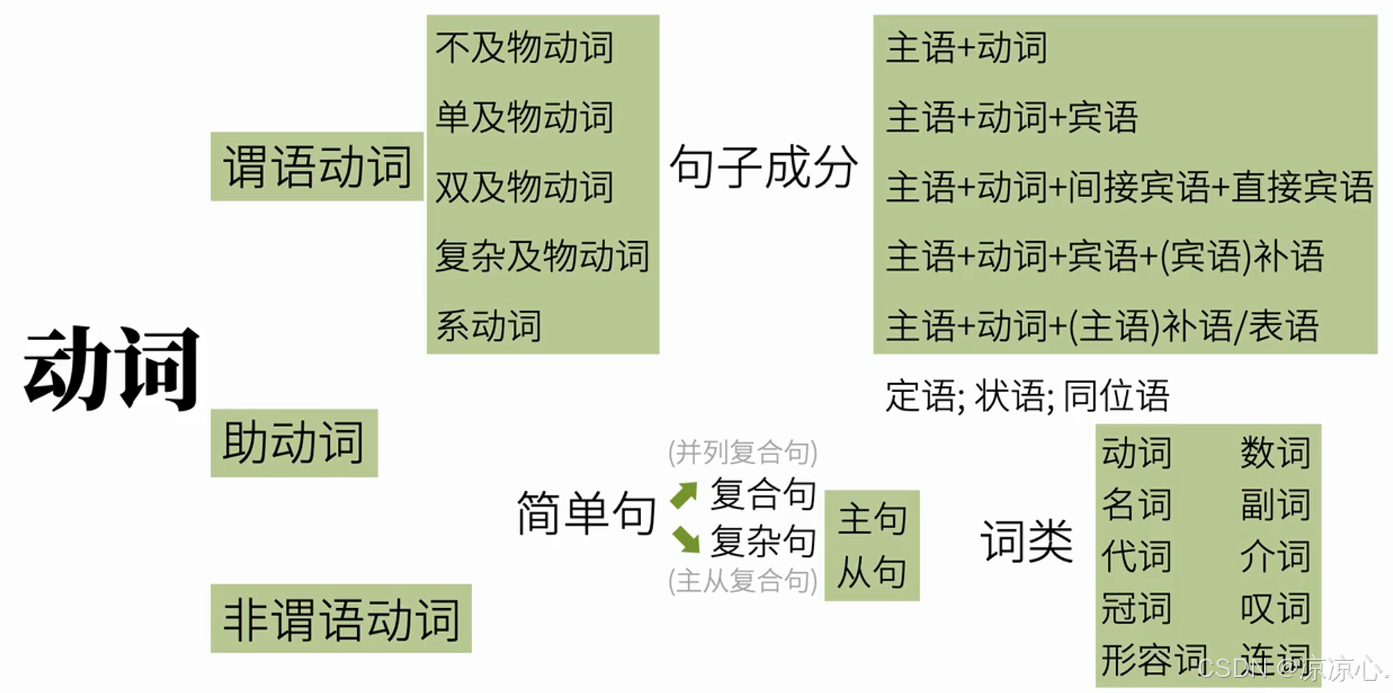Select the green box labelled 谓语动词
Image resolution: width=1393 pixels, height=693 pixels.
click(317, 167)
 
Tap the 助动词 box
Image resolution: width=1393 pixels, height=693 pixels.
click(293, 442)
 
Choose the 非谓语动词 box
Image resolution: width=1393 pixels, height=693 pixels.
click(341, 619)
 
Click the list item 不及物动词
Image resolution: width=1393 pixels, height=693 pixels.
click(524, 48)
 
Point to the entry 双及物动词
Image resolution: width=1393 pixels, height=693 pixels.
click(524, 187)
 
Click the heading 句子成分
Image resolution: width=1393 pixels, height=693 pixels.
click(763, 167)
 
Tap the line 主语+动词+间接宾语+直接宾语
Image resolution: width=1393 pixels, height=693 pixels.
click(1129, 187)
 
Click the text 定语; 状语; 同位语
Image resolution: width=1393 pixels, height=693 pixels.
click(1027, 396)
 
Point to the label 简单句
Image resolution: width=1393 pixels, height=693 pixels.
click(585, 514)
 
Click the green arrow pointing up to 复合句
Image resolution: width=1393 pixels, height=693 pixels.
click(684, 495)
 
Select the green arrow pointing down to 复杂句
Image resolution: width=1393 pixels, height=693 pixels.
click(685, 539)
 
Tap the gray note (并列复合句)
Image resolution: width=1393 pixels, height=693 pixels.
click(742, 452)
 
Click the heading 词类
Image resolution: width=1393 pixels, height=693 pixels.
click(1026, 541)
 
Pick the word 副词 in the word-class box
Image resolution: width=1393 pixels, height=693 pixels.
click(1274, 505)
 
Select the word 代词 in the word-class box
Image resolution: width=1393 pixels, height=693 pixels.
click(1136, 556)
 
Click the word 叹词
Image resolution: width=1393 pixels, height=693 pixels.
click(1274, 608)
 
